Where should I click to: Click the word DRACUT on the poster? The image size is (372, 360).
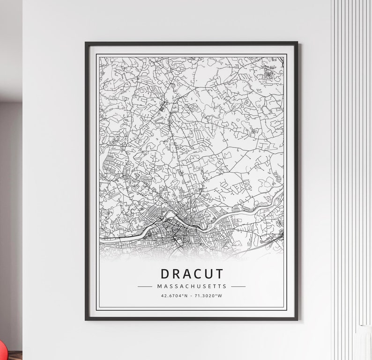pos(192,274)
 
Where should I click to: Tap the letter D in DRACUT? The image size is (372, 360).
pos(165,274)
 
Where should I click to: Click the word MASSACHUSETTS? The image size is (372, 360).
pos(192,286)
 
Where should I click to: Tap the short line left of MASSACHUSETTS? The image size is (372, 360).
pos(145,286)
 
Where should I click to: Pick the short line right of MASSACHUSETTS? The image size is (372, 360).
pos(238,286)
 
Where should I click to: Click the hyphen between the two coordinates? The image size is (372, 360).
pos(192,295)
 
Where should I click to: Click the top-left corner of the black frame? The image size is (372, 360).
pos(86,43)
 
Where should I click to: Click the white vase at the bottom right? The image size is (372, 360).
pos(363,344)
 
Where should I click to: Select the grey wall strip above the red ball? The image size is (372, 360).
pos(10,211)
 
